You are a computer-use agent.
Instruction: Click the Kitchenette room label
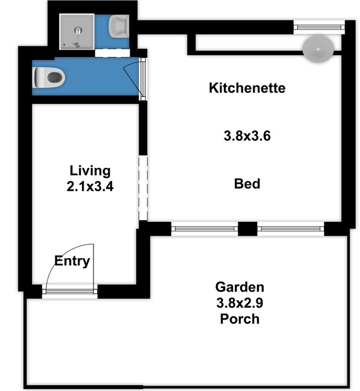(247, 88)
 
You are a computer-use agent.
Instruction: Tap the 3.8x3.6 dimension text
(247, 136)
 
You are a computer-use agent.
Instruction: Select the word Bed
(247, 184)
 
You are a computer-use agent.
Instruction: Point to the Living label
(90, 171)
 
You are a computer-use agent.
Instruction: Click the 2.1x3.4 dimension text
(90, 186)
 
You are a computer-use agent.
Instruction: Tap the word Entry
(72, 261)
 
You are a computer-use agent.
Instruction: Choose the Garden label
(240, 287)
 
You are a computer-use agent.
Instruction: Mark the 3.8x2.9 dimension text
(240, 303)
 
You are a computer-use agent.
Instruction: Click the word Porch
(240, 319)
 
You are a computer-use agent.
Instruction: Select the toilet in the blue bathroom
(49, 78)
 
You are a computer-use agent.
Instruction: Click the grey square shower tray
(77, 32)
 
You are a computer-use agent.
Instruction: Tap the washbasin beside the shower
(119, 26)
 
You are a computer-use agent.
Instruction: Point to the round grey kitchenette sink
(318, 49)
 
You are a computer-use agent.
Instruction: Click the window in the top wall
(319, 27)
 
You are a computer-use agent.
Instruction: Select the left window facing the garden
(205, 229)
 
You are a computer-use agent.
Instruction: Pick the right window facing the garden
(291, 229)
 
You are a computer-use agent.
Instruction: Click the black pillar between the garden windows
(247, 229)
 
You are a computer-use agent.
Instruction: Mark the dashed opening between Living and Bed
(143, 188)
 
